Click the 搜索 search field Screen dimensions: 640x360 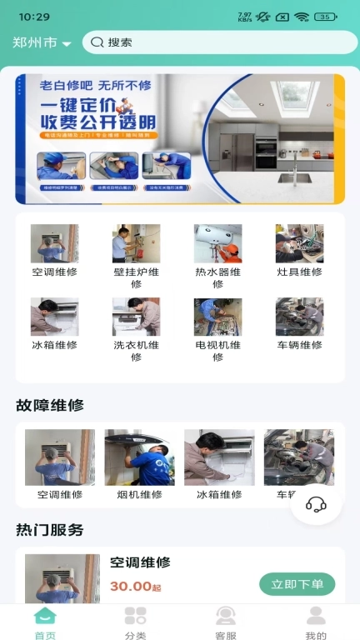221,42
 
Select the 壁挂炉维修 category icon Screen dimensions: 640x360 136,243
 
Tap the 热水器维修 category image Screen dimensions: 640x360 217,243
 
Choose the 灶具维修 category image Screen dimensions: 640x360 299,243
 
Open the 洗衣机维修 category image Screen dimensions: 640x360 136,317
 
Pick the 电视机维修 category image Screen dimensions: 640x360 217,317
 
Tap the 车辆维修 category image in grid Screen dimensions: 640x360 299,317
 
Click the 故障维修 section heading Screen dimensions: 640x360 50,406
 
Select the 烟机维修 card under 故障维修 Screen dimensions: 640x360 139,458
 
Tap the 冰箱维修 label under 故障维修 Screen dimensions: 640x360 219,494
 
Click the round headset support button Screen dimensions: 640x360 316,504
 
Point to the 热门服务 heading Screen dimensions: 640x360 50,530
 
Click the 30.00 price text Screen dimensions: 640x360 131,587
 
